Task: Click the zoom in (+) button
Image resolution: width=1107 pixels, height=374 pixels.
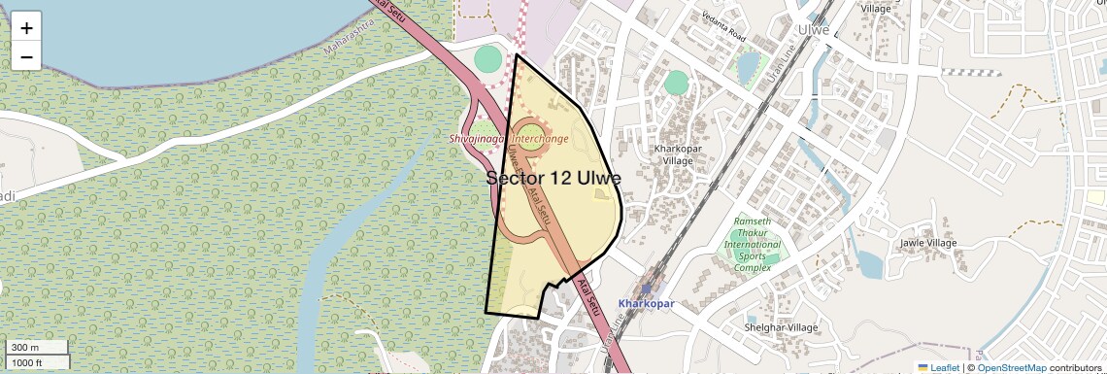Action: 26,28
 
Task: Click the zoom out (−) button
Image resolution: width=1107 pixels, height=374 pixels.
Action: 26,57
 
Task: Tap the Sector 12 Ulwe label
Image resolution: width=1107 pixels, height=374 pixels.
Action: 553,178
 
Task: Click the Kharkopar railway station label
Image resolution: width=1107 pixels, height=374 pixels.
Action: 646,303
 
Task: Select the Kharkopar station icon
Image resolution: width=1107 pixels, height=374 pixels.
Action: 646,289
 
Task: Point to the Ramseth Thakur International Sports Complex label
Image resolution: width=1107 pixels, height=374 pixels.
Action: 753,244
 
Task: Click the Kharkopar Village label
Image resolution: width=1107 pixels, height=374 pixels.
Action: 677,154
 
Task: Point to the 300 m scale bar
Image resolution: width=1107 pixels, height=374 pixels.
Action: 37,348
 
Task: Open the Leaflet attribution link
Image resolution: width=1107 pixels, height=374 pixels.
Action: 938,367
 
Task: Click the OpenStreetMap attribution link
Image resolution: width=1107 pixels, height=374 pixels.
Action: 1012,367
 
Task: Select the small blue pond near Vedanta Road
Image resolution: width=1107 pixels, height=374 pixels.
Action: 747,67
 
